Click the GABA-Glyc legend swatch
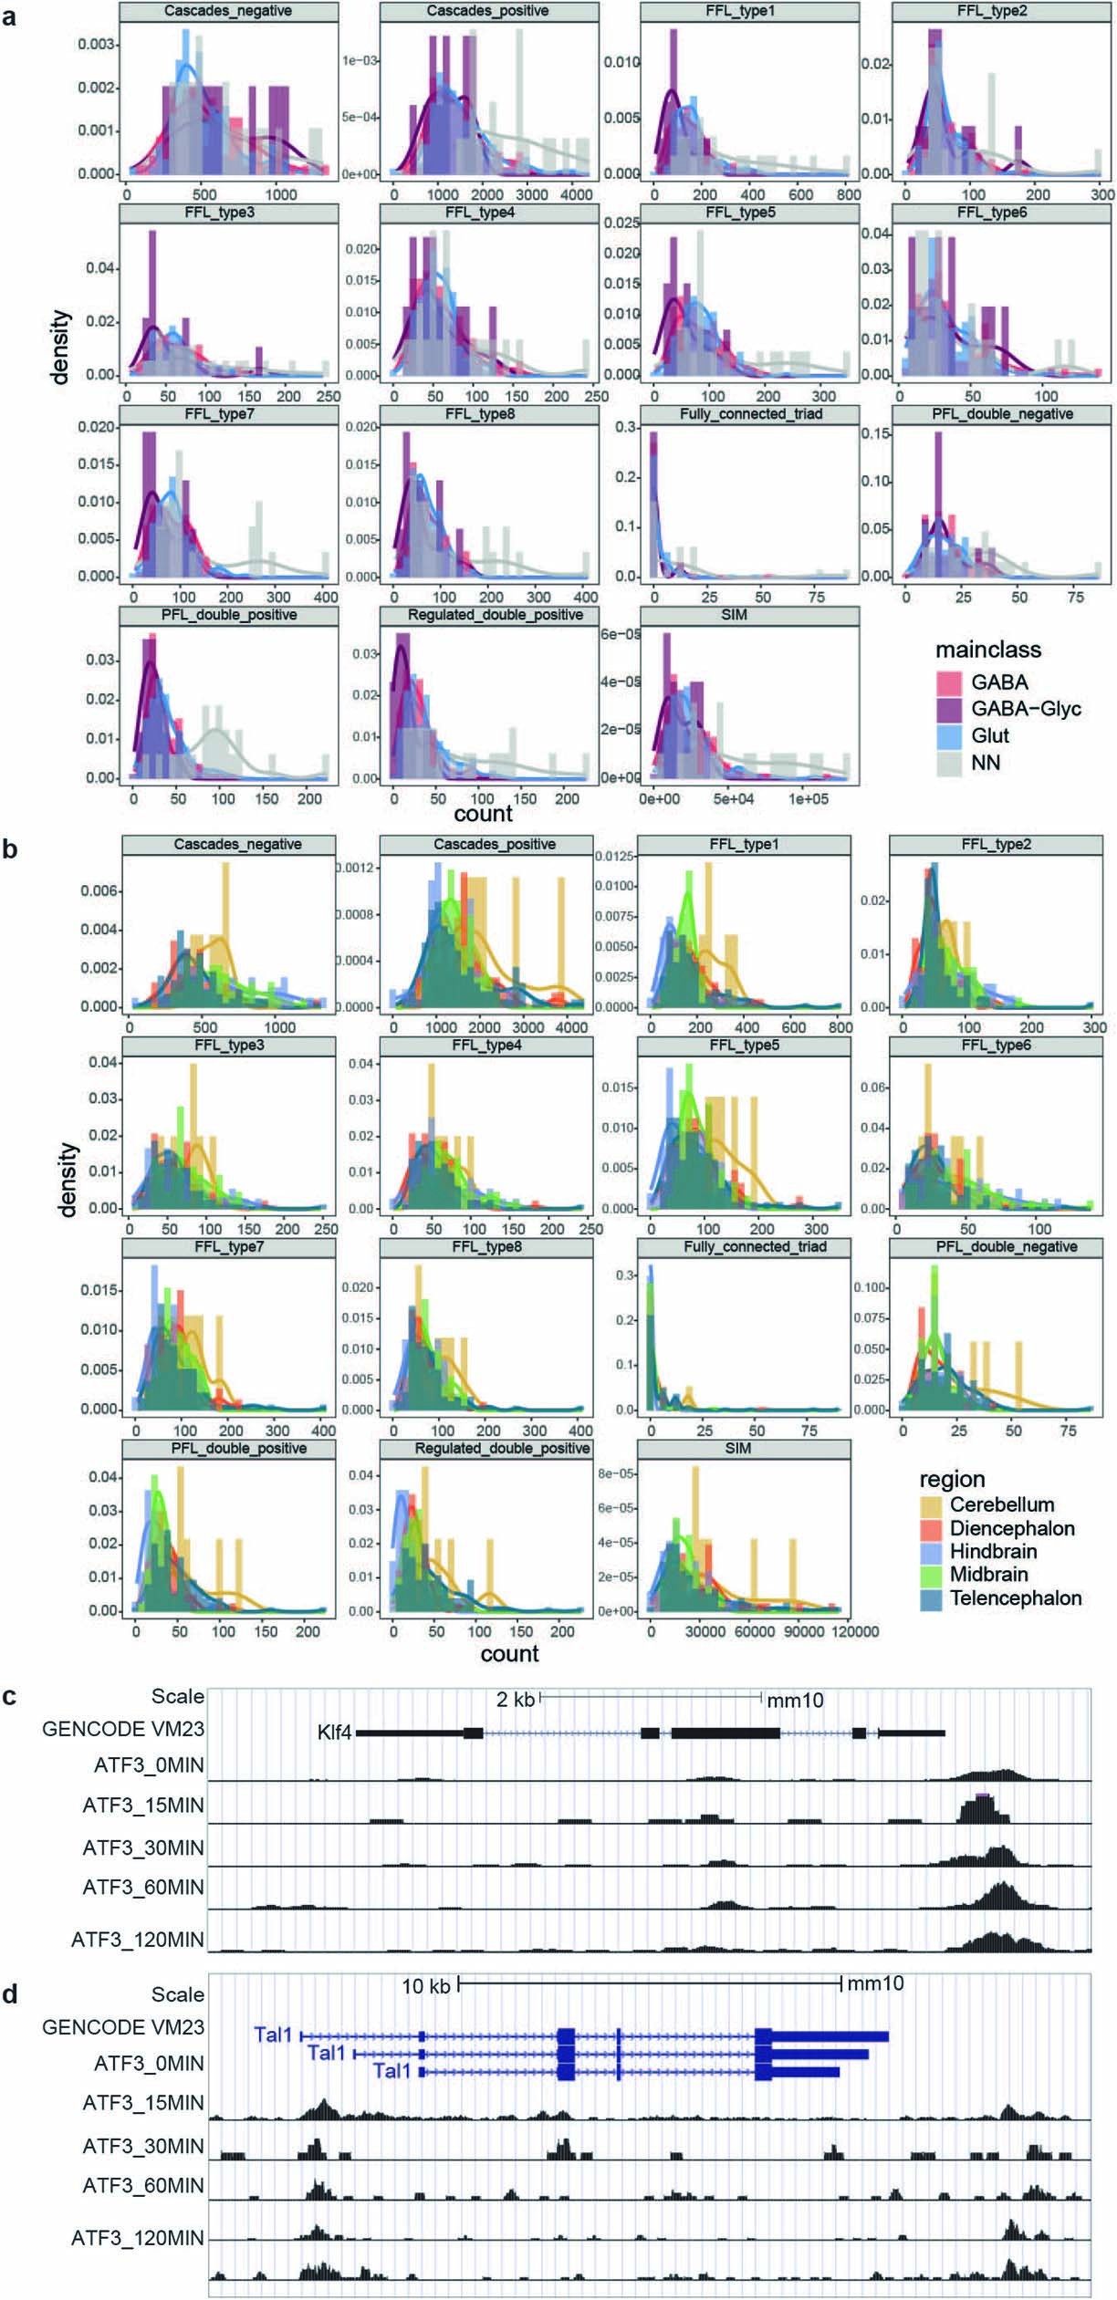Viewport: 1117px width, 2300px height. tap(950, 709)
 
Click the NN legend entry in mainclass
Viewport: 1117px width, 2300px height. tap(985, 762)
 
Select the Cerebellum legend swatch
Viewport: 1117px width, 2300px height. tap(931, 1504)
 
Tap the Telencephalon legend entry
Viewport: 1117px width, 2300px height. tap(1015, 1598)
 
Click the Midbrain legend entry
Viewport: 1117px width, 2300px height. tap(988, 1574)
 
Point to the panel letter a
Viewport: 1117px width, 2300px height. tap(10, 16)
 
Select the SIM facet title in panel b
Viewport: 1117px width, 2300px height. tap(737, 1448)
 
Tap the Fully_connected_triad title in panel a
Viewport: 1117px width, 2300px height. tap(750, 414)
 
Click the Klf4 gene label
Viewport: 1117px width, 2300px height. tap(334, 1732)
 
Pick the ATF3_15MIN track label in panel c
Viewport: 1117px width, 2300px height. tap(143, 1805)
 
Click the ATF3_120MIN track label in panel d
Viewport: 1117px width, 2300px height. tap(138, 2237)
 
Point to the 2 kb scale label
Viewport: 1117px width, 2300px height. tap(515, 1699)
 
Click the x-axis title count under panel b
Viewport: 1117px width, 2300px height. tap(509, 1653)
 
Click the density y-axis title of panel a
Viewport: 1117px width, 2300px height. tap(60, 347)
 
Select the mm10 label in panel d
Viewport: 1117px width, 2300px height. tap(875, 1983)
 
